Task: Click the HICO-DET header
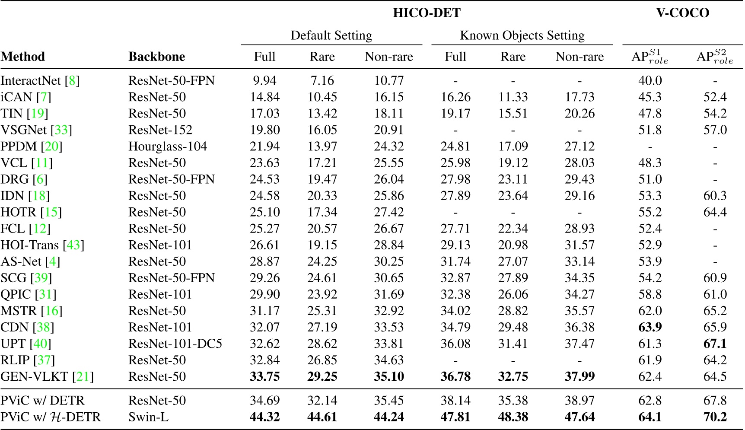pos(427,13)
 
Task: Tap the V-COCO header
pos(682,13)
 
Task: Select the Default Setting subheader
pos(331,35)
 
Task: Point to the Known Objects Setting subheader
pos(522,35)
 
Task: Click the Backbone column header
pos(156,57)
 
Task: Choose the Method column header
pos(22,57)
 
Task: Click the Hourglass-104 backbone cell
pos(168,147)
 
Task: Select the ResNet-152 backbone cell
pos(160,130)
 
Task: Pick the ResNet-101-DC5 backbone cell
pos(175,344)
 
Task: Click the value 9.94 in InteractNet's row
pos(264,81)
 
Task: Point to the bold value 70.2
pos(715,417)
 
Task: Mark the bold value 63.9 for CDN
pos(650,327)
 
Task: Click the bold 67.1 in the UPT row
pos(715,344)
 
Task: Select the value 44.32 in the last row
pos(264,417)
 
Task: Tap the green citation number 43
pos(73,245)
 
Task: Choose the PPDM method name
pos(19,147)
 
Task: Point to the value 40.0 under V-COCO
pos(650,81)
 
